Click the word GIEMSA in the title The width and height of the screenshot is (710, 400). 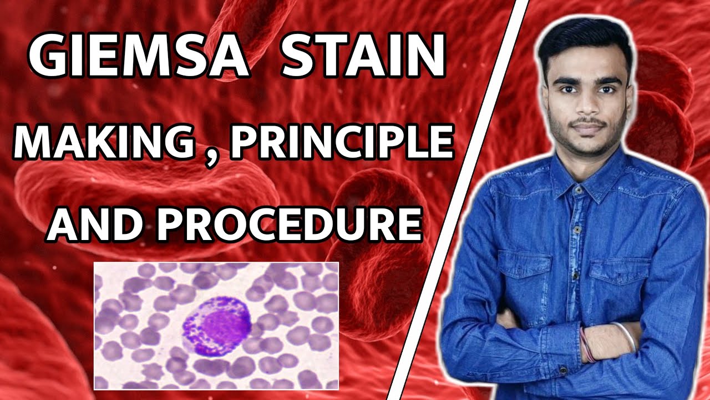tap(138, 57)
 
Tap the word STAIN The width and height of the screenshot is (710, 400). tap(363, 57)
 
